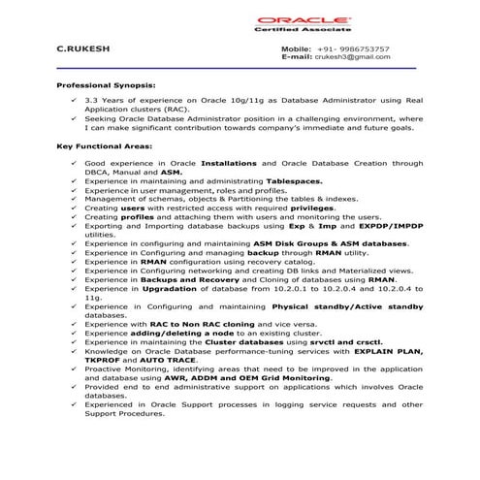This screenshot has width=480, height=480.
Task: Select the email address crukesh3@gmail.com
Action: coord(356,57)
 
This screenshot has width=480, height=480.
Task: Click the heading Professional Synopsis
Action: coord(106,85)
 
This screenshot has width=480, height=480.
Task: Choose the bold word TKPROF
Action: coord(107,360)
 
